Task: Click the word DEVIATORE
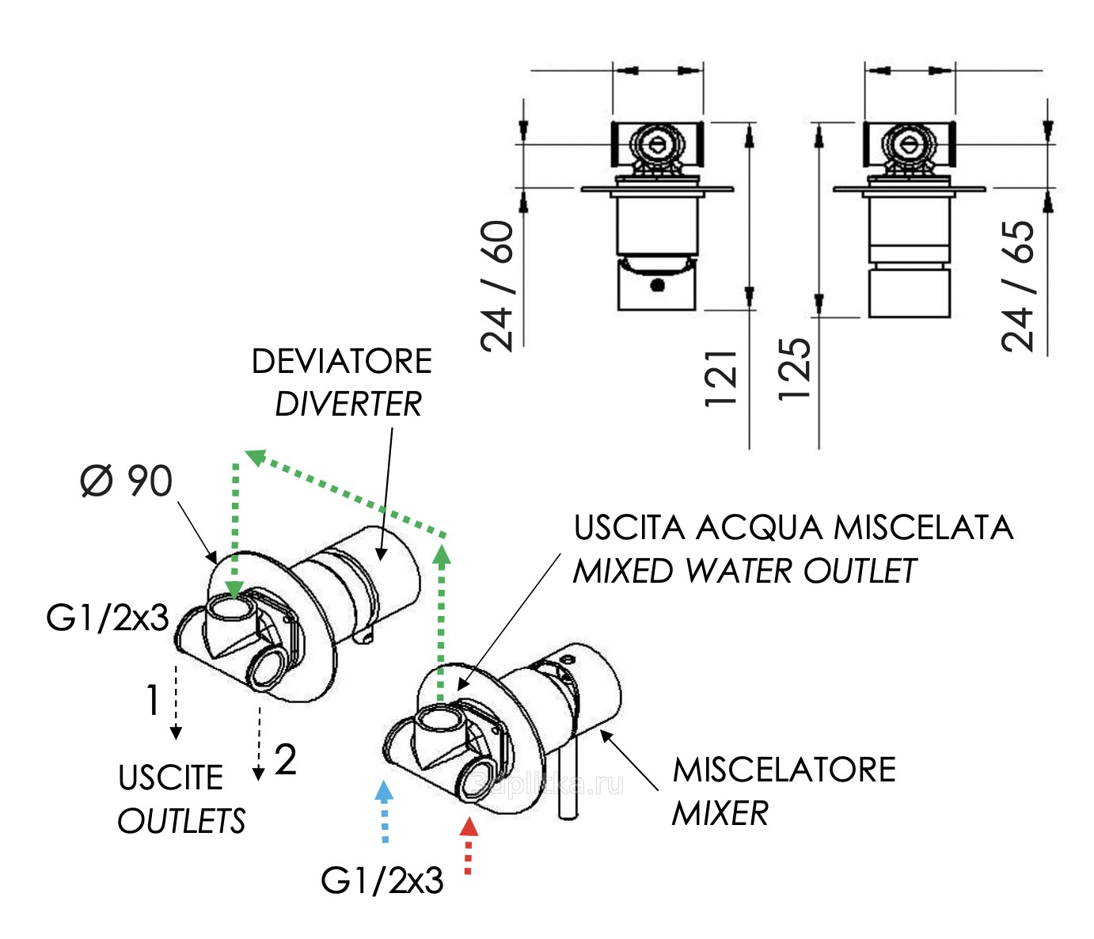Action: [x=341, y=362]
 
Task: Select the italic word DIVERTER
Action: [x=348, y=405]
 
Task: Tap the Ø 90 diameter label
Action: [x=127, y=481]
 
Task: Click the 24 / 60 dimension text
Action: [x=498, y=286]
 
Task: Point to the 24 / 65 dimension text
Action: [x=1018, y=286]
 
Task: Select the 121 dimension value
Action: [x=721, y=378]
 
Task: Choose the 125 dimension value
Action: [x=795, y=369]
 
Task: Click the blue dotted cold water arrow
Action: [x=385, y=812]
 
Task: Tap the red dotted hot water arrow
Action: [x=469, y=846]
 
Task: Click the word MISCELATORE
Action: [x=784, y=770]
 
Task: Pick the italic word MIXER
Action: [x=720, y=813]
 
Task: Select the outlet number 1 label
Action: [x=153, y=701]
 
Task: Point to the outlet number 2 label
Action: [x=285, y=760]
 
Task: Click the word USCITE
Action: [x=171, y=778]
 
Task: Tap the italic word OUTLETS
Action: [x=181, y=821]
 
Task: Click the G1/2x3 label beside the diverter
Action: [x=108, y=618]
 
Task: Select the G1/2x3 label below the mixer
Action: [x=382, y=880]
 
